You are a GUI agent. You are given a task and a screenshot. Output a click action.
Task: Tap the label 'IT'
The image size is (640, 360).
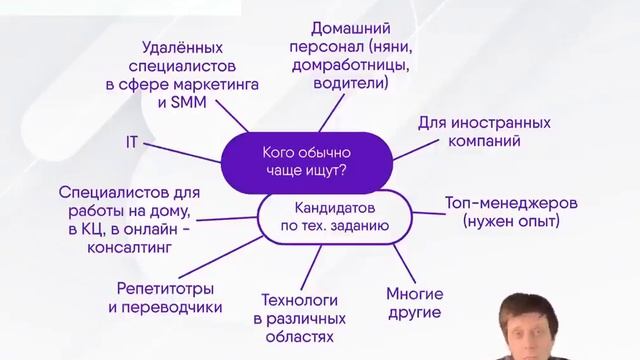click(131, 143)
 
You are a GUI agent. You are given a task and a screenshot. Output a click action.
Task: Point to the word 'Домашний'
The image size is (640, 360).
click(350, 28)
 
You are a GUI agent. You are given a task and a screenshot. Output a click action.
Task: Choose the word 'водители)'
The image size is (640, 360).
click(350, 85)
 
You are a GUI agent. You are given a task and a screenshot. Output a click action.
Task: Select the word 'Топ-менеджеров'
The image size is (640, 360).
click(511, 203)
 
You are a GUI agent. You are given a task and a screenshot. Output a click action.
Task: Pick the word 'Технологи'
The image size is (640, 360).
click(299, 299)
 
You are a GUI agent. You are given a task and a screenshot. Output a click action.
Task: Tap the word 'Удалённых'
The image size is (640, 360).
click(181, 47)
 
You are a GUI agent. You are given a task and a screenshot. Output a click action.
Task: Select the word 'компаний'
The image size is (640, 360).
click(485, 143)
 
